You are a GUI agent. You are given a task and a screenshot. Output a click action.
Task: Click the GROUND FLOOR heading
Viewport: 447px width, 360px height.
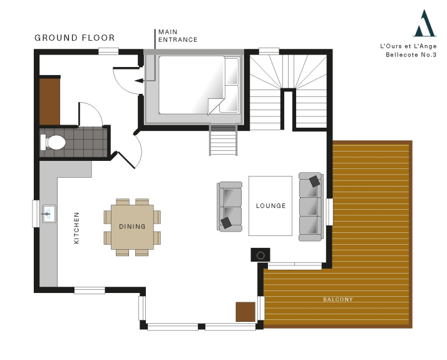pos(74,38)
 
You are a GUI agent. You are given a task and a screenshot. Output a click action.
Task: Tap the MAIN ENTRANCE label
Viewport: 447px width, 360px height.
pos(178,36)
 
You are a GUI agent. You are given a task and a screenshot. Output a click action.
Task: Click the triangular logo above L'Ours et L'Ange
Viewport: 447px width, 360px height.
pos(424,23)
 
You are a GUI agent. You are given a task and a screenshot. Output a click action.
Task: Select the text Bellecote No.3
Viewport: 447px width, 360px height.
pos(411,54)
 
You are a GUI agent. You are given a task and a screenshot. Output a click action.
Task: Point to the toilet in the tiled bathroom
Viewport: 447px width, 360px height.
pos(53,142)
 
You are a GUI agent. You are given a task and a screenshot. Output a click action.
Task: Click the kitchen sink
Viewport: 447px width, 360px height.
pos(49,213)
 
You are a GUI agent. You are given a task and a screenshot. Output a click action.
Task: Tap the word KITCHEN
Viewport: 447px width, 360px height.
pos(76,228)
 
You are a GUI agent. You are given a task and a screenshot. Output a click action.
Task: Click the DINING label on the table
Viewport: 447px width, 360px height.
pos(132,226)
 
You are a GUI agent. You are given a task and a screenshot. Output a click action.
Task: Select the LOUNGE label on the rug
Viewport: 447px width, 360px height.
pos(270,205)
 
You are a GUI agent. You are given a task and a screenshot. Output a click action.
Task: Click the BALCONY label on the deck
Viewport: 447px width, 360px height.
pos(338,299)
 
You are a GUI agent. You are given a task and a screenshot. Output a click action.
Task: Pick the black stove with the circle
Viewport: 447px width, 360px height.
pos(260,255)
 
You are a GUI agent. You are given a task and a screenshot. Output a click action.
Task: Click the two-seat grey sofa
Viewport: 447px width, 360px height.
pos(230,207)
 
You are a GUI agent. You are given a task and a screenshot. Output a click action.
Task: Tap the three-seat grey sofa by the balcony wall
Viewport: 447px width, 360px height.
pos(311,207)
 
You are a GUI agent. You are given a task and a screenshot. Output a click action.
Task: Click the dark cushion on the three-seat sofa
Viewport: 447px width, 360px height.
pos(314,182)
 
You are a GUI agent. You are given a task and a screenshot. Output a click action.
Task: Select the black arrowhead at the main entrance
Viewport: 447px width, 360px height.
pos(139,81)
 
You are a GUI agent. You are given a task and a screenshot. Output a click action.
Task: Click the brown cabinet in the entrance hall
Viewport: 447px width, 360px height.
pos(49,101)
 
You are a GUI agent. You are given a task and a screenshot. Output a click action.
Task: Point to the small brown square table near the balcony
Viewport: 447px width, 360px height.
pos(245,312)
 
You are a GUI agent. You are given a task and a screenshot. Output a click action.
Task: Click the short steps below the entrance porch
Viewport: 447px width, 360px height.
pos(223,140)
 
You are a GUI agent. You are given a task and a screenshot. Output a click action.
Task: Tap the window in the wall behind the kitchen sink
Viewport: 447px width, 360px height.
pos(36,213)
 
